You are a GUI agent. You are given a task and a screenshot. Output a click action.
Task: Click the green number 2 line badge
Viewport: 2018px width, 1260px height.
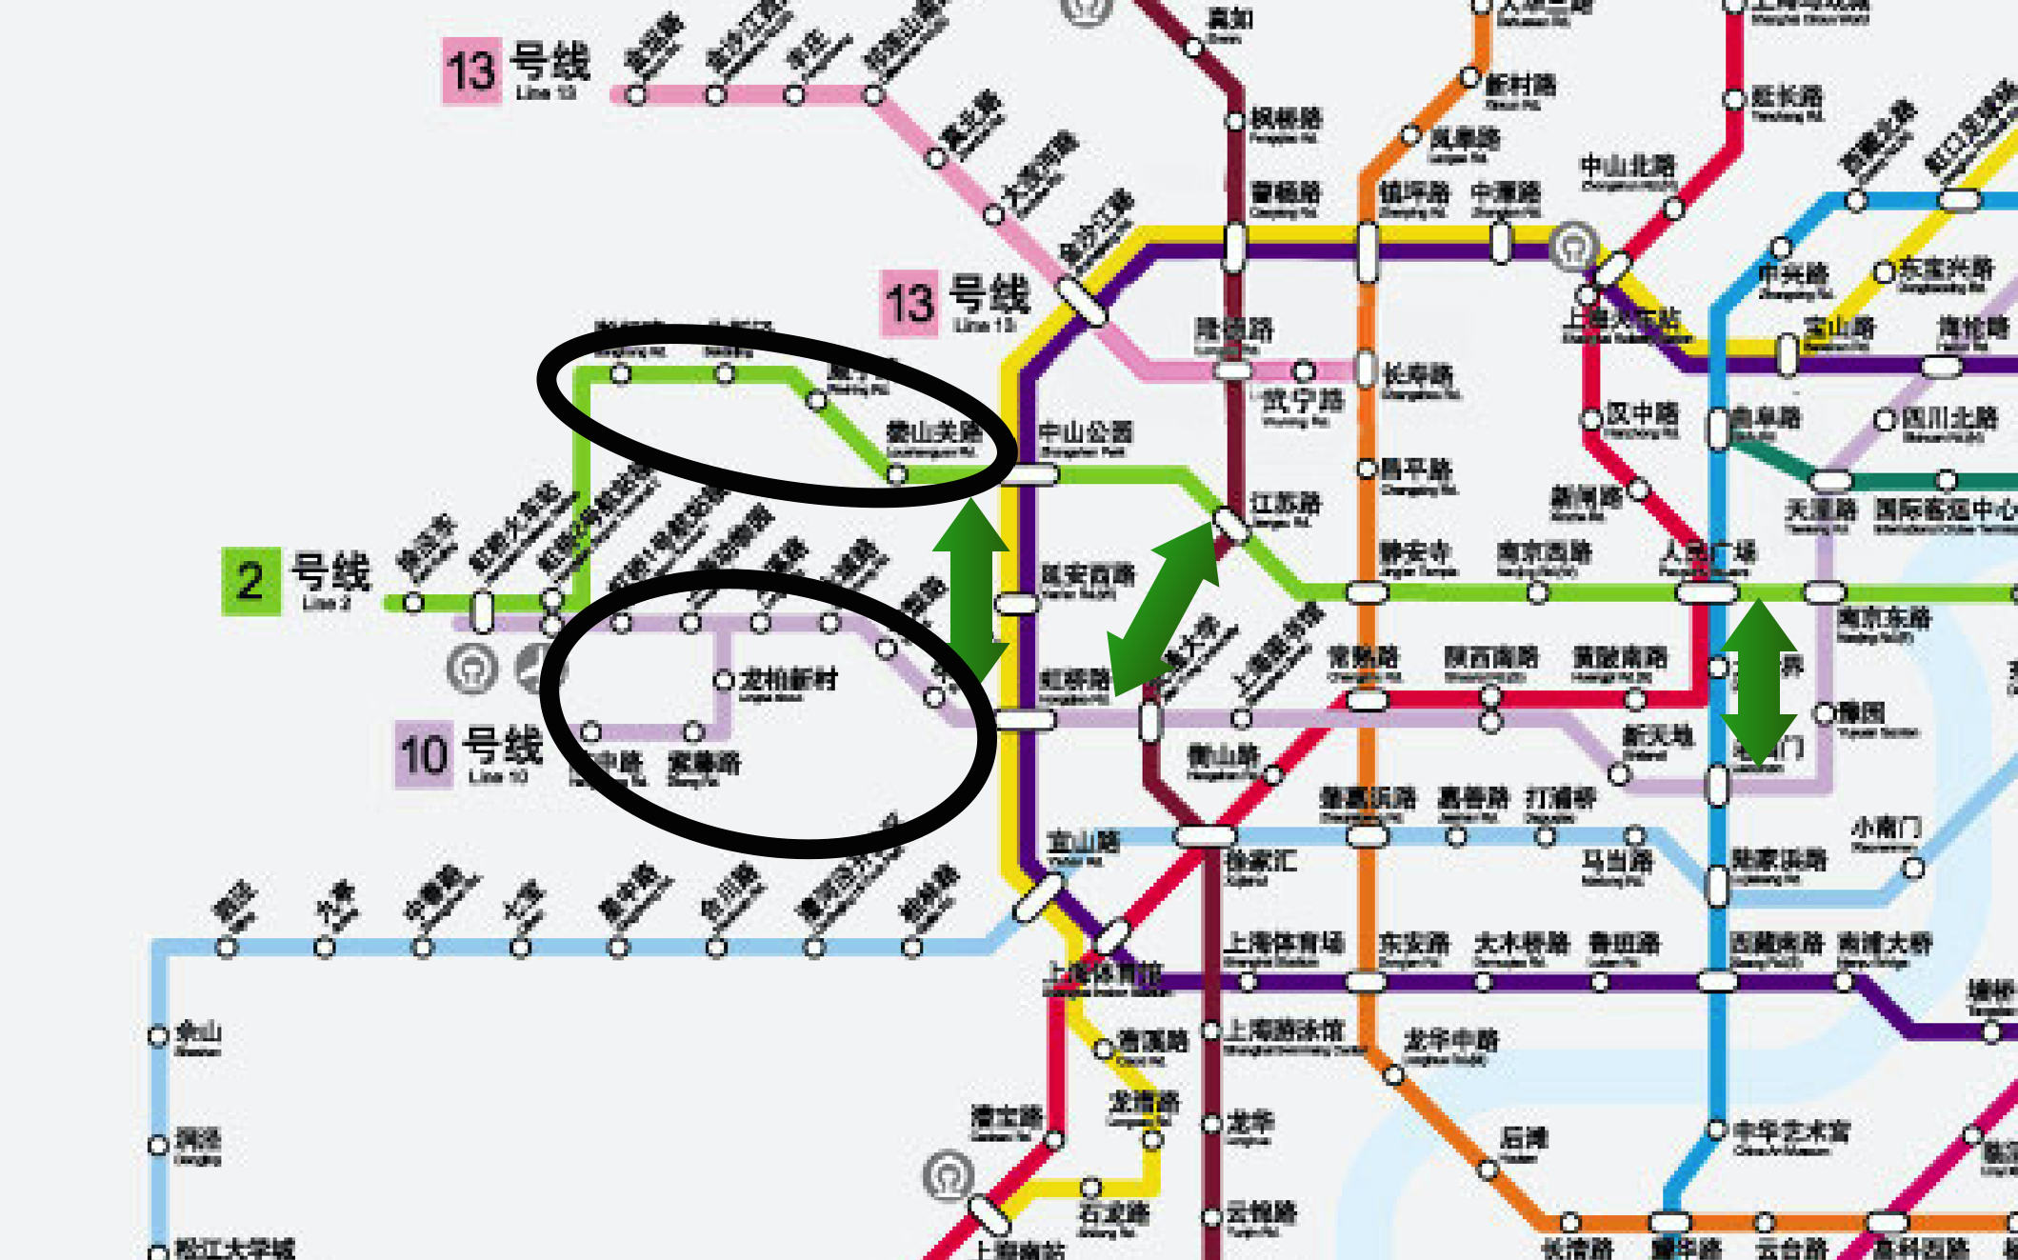click(250, 581)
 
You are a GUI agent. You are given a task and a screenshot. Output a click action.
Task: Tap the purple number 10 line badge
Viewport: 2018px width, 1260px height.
click(424, 754)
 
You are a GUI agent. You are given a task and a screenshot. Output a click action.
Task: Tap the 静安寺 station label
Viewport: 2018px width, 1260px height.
click(1415, 553)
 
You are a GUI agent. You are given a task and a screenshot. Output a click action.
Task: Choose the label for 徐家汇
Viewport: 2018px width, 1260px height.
click(1260, 862)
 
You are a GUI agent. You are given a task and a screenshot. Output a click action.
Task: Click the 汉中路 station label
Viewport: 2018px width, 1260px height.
click(1642, 414)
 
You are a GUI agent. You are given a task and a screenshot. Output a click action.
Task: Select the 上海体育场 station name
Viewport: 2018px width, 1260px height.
click(1284, 944)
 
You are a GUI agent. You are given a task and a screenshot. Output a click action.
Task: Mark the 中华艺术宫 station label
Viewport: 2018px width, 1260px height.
click(1791, 1132)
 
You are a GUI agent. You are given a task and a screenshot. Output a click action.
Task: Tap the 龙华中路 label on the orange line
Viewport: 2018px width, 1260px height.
click(1450, 1041)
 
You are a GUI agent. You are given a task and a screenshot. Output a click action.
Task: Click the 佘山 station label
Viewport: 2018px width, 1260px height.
click(199, 1032)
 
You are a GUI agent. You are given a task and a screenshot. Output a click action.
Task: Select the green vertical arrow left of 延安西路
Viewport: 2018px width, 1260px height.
click(970, 590)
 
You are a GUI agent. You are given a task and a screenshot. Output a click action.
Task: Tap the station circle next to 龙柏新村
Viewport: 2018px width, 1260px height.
click(724, 680)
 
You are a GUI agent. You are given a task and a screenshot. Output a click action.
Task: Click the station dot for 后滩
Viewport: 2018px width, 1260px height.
click(1488, 1169)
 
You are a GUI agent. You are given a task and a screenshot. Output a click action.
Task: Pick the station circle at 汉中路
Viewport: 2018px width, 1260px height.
click(1591, 419)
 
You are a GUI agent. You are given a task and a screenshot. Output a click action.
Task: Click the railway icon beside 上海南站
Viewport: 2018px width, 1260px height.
click(949, 1175)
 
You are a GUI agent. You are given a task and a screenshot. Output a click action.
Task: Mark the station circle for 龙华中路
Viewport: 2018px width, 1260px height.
click(1393, 1075)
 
